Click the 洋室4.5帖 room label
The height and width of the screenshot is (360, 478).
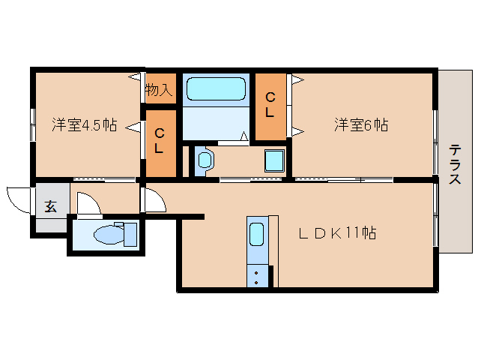[84, 125]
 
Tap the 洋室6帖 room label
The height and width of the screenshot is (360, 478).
[361, 125]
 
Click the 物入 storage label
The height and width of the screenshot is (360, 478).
[159, 91]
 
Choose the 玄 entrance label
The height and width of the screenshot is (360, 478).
[50, 206]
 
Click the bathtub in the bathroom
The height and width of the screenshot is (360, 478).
[215, 89]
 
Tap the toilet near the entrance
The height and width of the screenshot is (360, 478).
[112, 233]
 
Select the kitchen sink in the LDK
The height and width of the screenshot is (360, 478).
[257, 235]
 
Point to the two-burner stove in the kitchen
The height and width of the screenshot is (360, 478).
[257, 275]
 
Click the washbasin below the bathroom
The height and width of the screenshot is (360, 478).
[205, 159]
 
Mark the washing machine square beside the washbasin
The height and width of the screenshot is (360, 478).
[273, 160]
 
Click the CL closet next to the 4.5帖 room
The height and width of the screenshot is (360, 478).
[159, 141]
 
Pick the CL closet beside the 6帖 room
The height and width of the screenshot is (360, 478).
[270, 106]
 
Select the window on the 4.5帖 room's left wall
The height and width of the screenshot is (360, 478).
[32, 124]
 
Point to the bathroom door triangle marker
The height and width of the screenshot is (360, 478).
[244, 136]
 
